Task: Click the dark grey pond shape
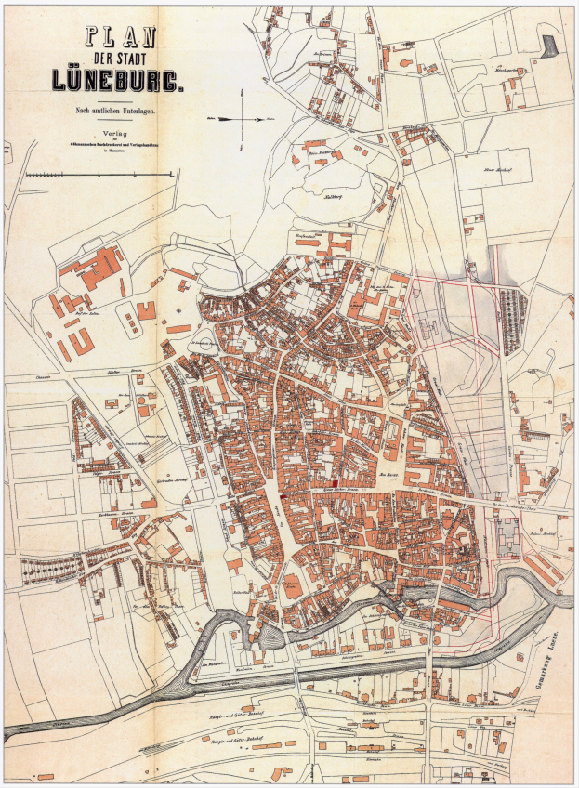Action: click(x=552, y=44)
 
